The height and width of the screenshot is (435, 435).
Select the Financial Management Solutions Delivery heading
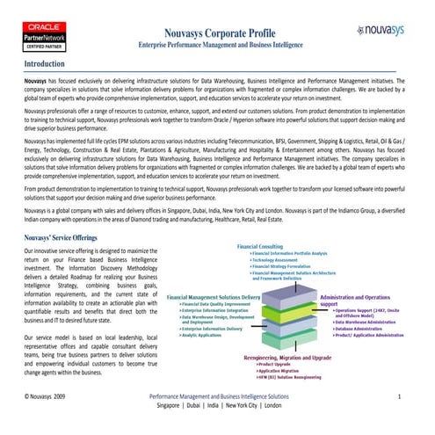(226, 297)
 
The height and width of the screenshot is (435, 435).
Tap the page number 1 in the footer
(400, 397)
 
